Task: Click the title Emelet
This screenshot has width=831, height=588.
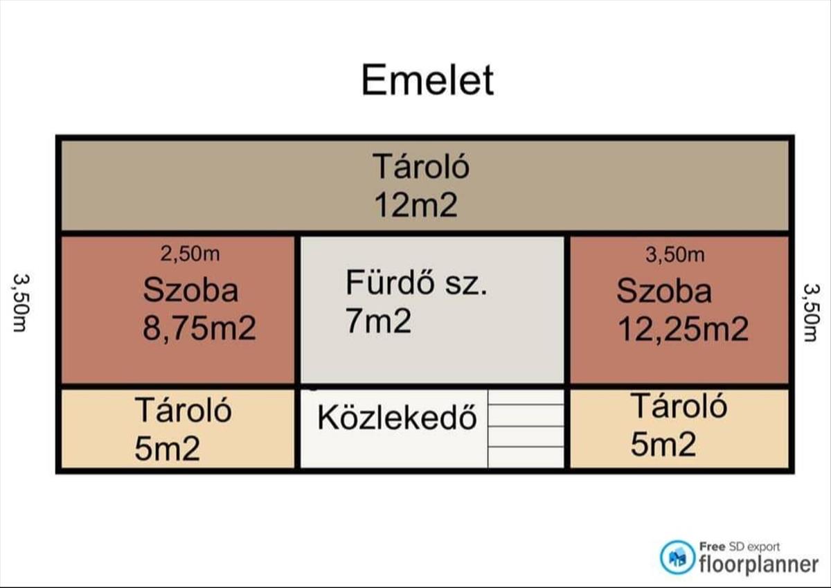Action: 427,80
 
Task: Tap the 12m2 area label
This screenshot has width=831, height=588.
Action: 416,205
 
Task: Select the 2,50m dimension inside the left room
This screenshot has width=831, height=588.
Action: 190,254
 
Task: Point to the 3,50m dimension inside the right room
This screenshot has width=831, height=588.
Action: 674,255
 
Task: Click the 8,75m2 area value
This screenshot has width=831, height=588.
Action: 199,328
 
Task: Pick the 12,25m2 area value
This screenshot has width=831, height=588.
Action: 683,329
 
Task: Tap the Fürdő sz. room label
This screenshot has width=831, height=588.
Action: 416,283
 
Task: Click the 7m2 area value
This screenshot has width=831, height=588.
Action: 378,321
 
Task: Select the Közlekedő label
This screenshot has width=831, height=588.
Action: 397,418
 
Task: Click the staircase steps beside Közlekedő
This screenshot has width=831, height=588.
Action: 526,429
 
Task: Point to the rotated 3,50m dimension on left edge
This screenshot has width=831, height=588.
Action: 20,303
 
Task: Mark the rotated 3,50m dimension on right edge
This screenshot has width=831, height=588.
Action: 811,312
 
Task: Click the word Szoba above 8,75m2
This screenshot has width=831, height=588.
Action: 190,289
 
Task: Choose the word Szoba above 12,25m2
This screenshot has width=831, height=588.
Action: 664,291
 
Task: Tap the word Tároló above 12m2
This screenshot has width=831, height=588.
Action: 421,167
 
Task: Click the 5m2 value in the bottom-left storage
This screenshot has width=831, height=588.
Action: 168,449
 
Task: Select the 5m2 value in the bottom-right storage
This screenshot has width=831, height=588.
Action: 663,444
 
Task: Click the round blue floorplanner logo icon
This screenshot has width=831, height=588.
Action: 677,558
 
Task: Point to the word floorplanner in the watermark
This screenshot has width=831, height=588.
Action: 759,564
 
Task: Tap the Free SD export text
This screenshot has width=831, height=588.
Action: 740,546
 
